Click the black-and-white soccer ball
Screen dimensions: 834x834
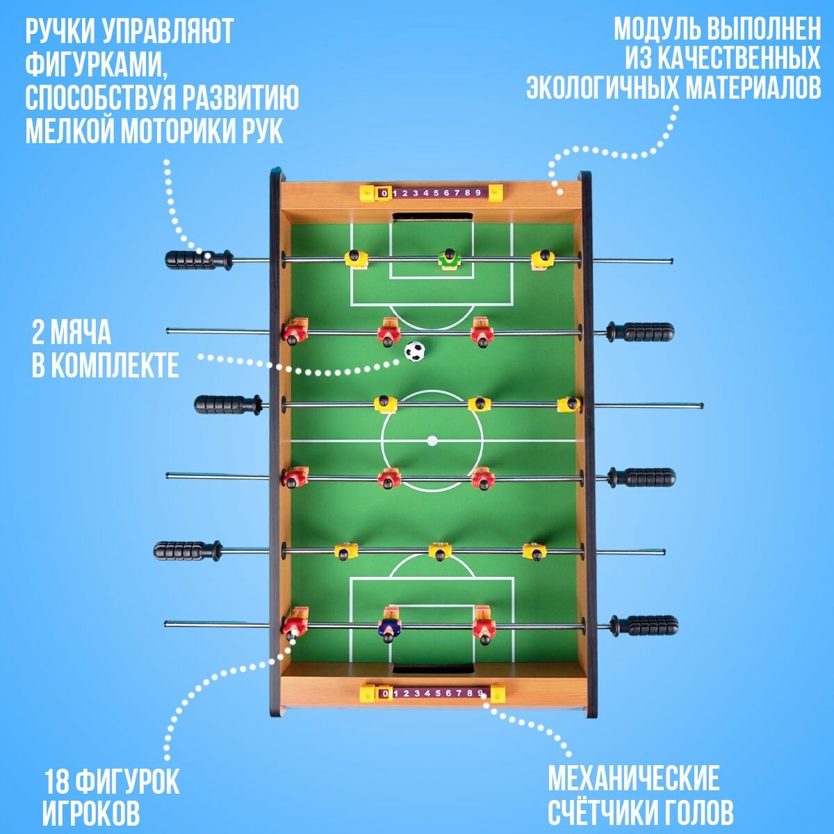point(414,351)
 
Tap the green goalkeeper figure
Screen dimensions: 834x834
point(450,260)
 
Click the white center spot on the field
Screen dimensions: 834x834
point(432,440)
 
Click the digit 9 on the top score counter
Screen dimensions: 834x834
point(477,193)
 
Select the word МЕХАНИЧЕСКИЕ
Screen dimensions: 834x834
point(633,779)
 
